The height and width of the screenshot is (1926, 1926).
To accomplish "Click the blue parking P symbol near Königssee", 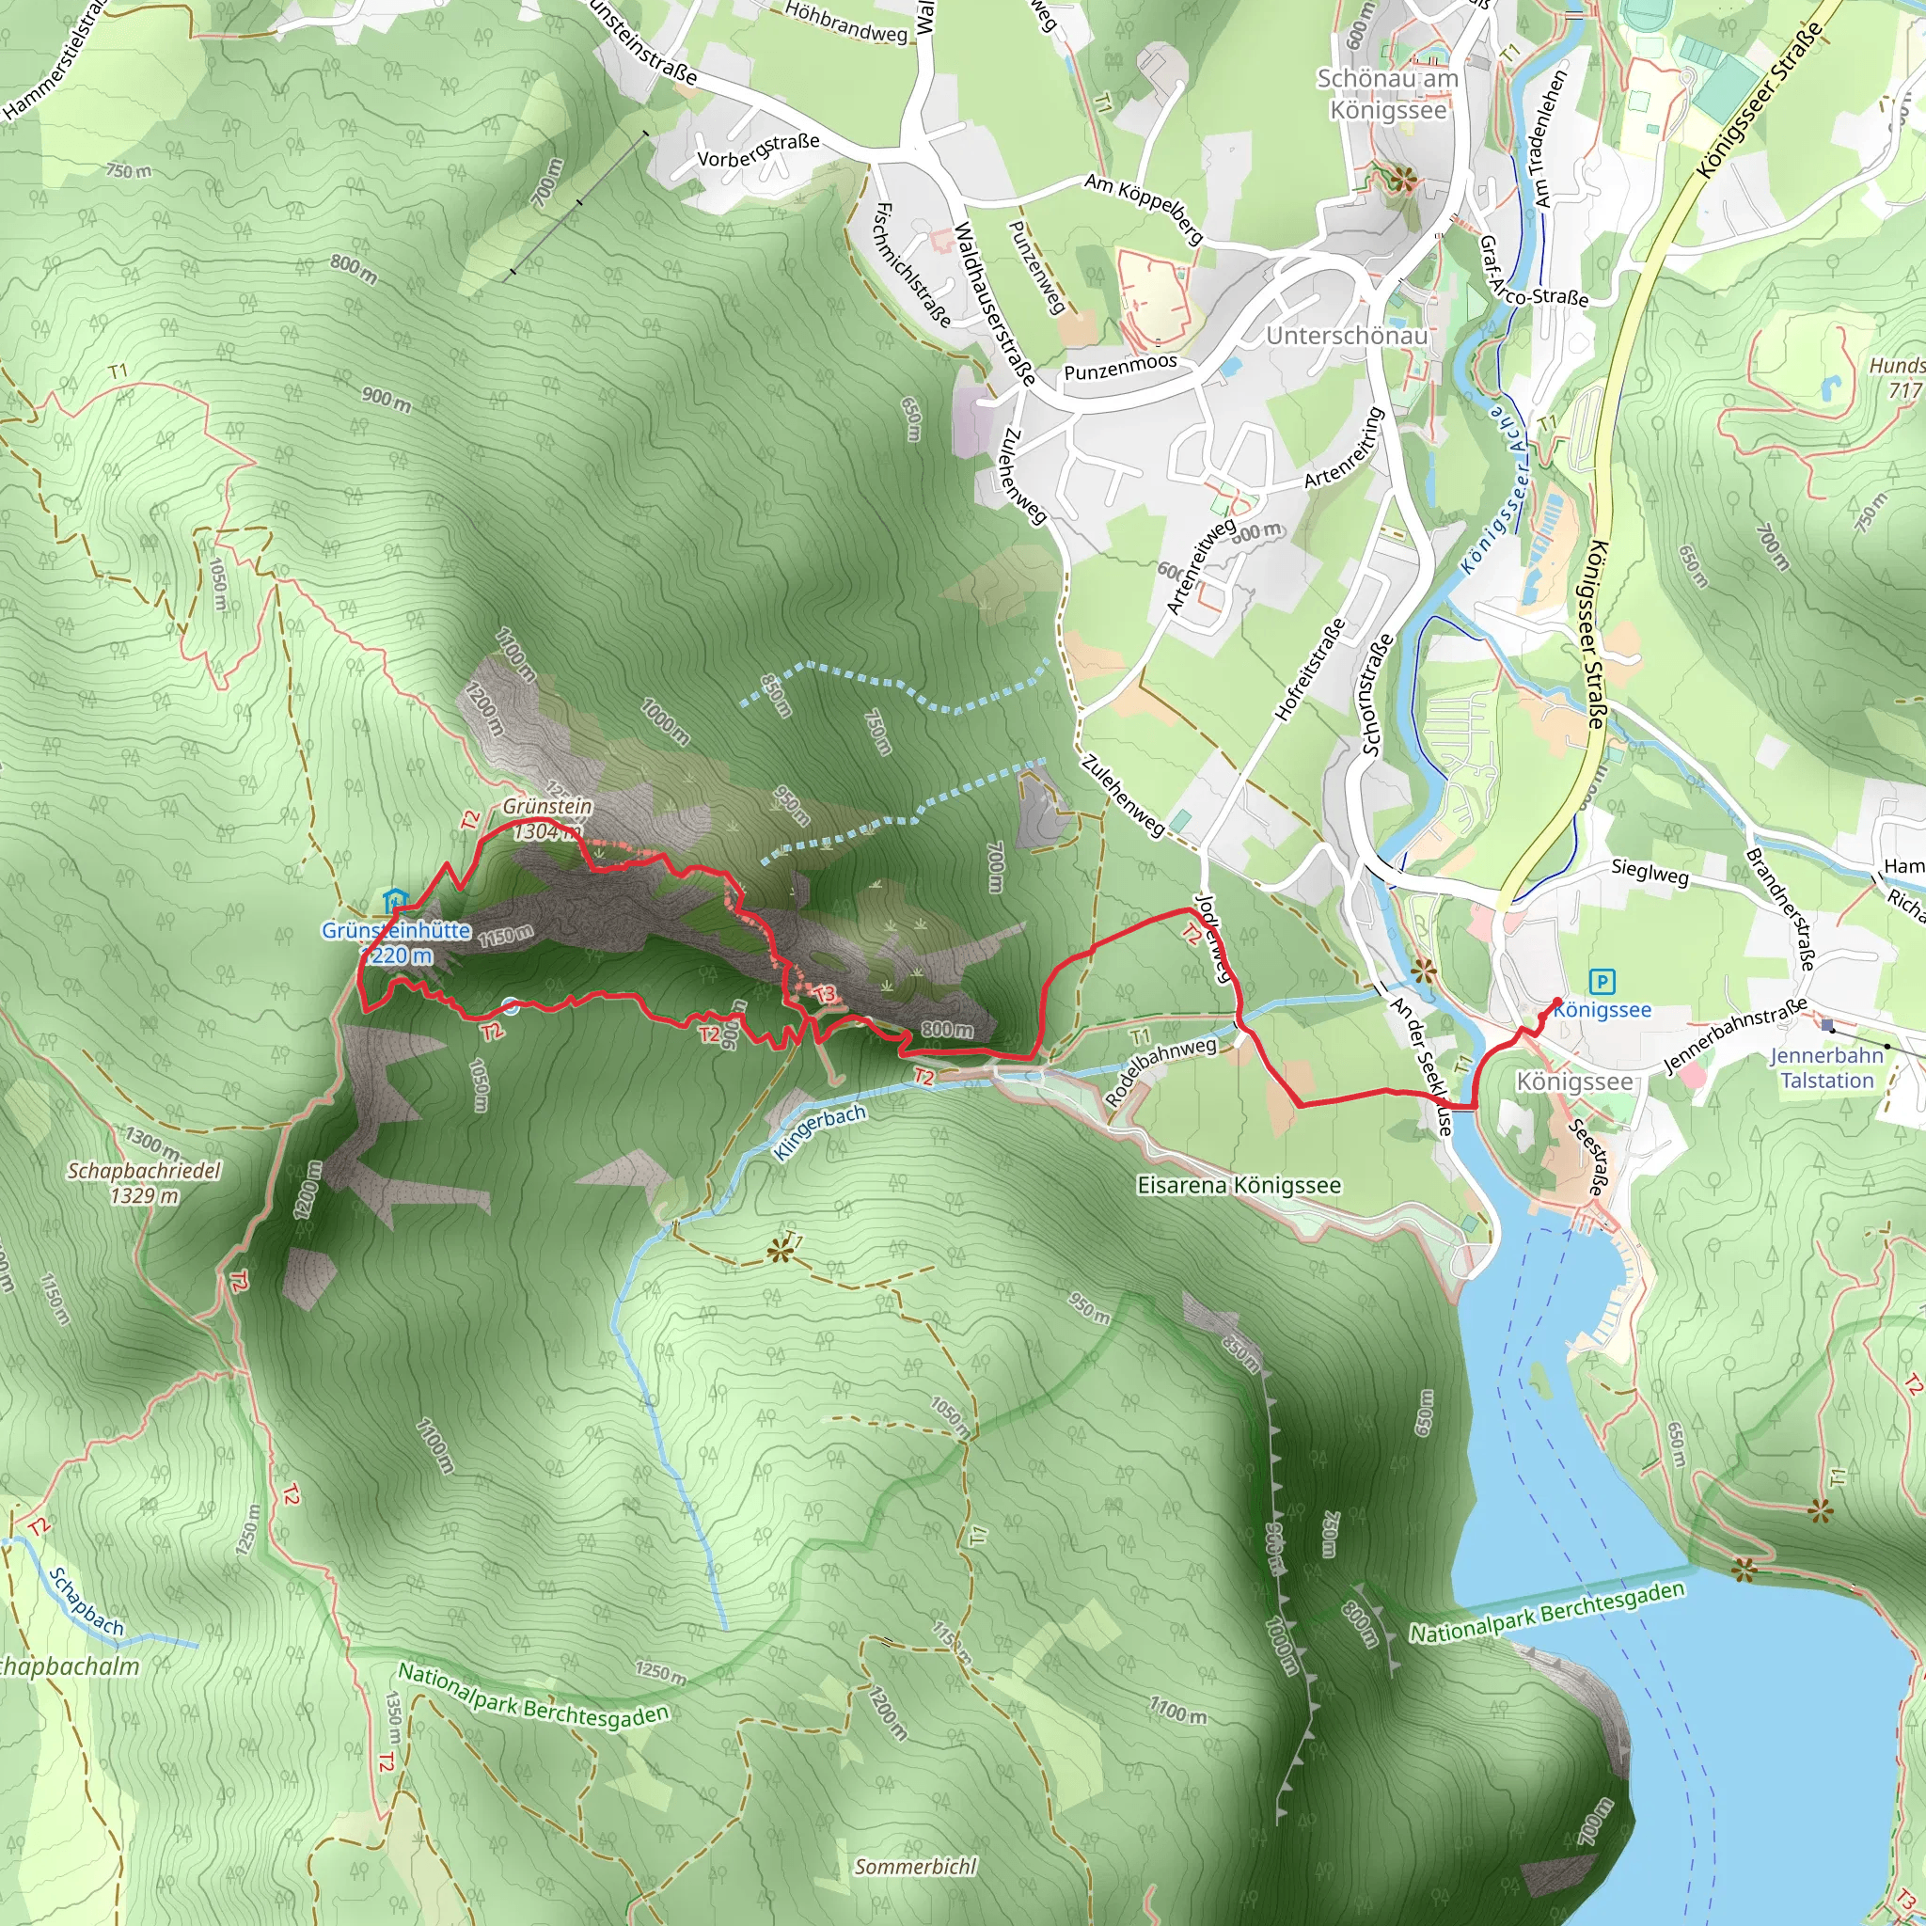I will pyautogui.click(x=1602, y=982).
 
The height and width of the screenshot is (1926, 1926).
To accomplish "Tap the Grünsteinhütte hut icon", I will pyautogui.click(x=395, y=901).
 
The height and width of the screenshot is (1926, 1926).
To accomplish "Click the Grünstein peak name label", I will pyautogui.click(x=547, y=806).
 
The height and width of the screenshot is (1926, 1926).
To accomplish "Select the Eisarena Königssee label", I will pyautogui.click(x=1239, y=1185).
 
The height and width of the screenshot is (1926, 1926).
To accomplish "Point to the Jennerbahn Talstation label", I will pyautogui.click(x=1826, y=1067).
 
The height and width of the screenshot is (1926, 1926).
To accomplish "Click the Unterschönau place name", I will pyautogui.click(x=1346, y=336).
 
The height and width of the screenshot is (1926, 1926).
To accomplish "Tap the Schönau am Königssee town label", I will pyautogui.click(x=1387, y=94).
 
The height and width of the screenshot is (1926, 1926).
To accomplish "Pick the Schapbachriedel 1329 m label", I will pyautogui.click(x=144, y=1182).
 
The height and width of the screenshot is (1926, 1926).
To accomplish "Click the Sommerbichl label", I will pyautogui.click(x=915, y=1866).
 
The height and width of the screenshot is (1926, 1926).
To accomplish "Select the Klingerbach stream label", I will pyautogui.click(x=819, y=1131).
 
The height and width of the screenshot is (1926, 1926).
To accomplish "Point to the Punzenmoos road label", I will pyautogui.click(x=1120, y=367).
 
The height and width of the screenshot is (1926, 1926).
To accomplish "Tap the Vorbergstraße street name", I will pyautogui.click(x=758, y=151).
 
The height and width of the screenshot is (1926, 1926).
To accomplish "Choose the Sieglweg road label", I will pyautogui.click(x=1650, y=873).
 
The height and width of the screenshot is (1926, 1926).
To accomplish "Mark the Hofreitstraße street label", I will pyautogui.click(x=1310, y=669).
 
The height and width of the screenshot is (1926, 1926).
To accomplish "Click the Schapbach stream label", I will pyautogui.click(x=87, y=1602).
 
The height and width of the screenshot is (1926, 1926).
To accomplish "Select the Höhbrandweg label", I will pyautogui.click(x=846, y=22).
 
